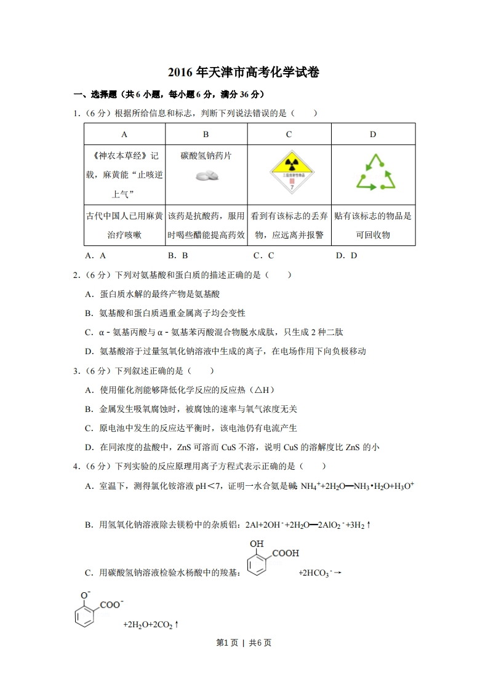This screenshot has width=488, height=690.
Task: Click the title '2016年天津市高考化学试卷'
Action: coord(244,73)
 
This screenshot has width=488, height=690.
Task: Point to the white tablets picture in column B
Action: coord(206,176)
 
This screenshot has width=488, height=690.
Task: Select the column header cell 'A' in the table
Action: coord(124,134)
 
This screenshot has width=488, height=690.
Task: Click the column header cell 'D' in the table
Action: coord(373,134)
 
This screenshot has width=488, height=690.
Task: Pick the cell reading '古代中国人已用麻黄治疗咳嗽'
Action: coord(124,225)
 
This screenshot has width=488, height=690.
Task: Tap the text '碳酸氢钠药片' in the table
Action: coord(206,156)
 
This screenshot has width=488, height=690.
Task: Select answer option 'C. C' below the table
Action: coord(263,256)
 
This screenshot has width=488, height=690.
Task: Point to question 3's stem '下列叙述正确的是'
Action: coord(148,371)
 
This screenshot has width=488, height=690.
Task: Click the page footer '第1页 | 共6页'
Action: coord(244,643)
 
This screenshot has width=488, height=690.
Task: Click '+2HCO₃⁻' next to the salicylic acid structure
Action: coord(316,573)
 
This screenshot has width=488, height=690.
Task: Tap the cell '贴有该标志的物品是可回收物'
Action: coord(373,225)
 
